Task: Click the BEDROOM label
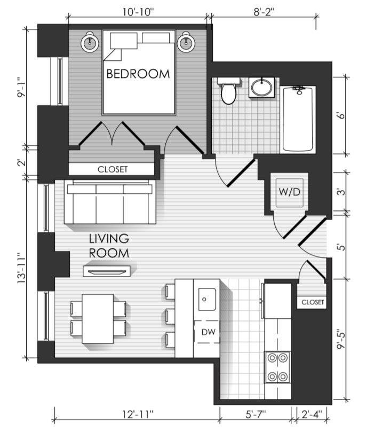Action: click(x=138, y=74)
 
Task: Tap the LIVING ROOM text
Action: click(x=109, y=246)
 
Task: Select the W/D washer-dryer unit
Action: click(x=290, y=193)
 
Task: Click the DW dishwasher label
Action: click(x=209, y=332)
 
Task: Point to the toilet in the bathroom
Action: click(x=228, y=90)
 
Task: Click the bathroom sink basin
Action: click(x=261, y=88)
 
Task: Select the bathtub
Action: click(x=298, y=119)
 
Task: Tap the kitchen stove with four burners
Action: click(x=277, y=367)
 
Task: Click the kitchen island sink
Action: click(x=207, y=299)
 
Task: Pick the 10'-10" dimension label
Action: click(x=139, y=12)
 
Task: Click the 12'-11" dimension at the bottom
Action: click(x=138, y=414)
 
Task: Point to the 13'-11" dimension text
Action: click(x=22, y=268)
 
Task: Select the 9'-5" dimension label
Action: click(x=341, y=339)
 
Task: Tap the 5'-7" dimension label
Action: click(x=256, y=414)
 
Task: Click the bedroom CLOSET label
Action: click(x=113, y=169)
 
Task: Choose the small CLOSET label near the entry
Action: click(x=313, y=302)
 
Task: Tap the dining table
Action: click(x=98, y=319)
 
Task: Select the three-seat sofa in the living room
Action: click(x=110, y=201)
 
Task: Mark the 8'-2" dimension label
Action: click(x=264, y=12)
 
